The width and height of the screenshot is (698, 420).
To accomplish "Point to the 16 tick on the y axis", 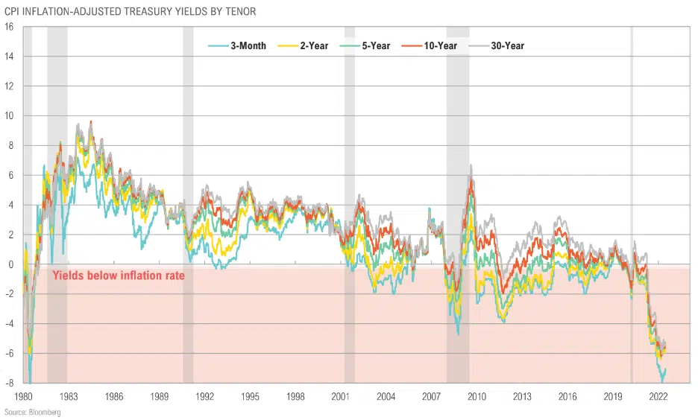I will [x=9, y=27].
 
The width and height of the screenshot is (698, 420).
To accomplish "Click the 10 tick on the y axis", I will [x=9, y=115].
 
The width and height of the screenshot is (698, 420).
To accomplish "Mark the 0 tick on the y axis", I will [x=11, y=264].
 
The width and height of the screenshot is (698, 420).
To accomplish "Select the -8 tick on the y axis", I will [x=9, y=384].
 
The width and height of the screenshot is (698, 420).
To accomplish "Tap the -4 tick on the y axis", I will [x=9, y=324].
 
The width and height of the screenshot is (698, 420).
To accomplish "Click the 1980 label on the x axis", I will [x=23, y=396].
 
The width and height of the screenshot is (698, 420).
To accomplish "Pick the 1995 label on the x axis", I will [x=251, y=396].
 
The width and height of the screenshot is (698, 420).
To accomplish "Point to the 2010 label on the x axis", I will [x=477, y=396].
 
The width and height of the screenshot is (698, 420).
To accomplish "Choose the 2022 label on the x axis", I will [x=658, y=396].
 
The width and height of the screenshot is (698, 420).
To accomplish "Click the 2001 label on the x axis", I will [x=342, y=396].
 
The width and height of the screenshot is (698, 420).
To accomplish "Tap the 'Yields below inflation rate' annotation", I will [x=119, y=276].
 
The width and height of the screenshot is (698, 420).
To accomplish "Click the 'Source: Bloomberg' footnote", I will [x=32, y=412].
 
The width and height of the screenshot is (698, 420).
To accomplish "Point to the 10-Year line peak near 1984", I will [x=91, y=121].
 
